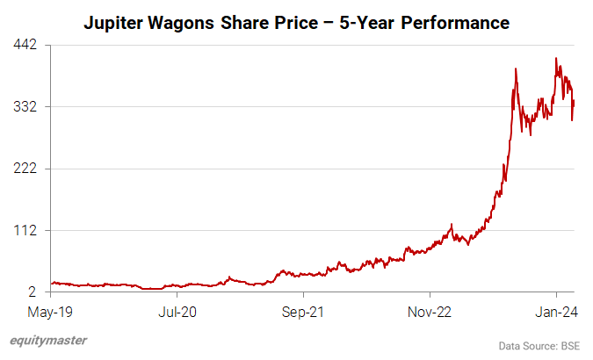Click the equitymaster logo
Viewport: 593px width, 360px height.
click(48, 341)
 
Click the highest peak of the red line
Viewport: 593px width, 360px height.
click(556, 59)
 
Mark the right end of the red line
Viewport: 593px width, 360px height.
click(574, 103)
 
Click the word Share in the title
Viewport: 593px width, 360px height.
click(260, 21)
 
